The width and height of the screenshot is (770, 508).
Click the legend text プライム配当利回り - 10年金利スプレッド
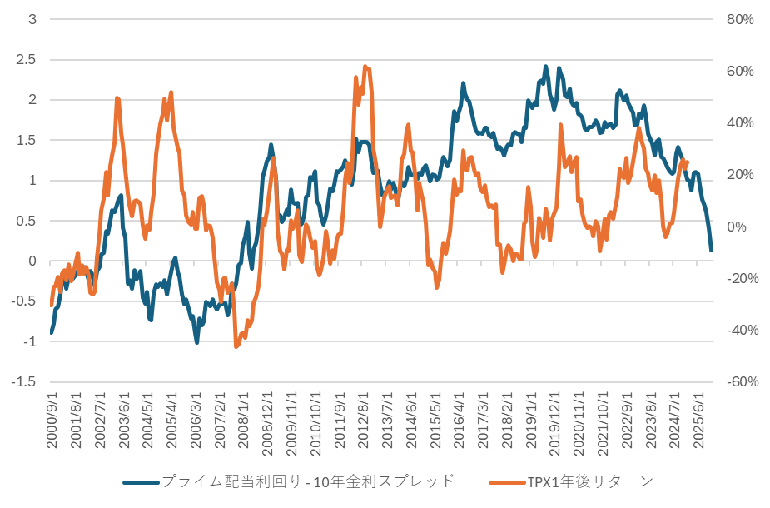(x=308, y=481)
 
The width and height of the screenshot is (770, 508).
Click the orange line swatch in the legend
(x=505, y=481)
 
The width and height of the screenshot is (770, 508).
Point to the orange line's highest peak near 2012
(x=366, y=66)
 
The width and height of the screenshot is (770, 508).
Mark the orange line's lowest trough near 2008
(x=236, y=346)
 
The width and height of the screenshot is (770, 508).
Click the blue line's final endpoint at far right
(x=712, y=250)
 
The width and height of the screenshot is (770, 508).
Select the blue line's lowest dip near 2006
(x=196, y=342)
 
